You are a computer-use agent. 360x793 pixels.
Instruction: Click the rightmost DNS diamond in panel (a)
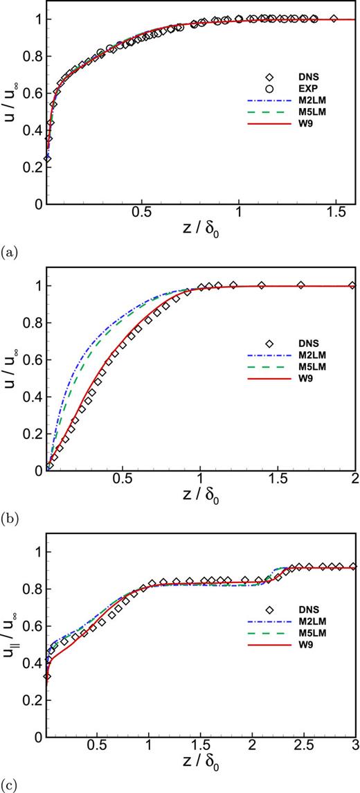pyautogui.click(x=335, y=19)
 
